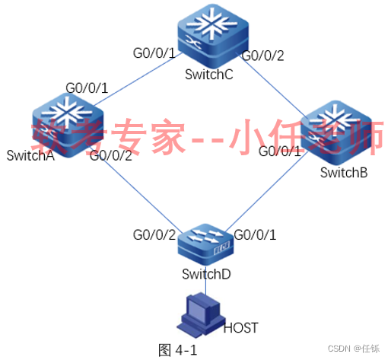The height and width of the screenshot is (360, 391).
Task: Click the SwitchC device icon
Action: pos(213,36)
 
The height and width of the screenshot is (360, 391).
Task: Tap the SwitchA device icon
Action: pos(68,125)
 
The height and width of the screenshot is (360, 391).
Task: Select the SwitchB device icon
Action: pos(336,132)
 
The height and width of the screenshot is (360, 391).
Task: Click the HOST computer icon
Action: pos(201,315)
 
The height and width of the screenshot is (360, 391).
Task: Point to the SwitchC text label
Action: pos(209,75)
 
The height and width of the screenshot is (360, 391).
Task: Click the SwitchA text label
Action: pos(30,155)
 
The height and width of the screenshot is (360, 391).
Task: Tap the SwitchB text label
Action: pos(344,173)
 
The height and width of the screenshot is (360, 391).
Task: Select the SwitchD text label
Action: pos(206,274)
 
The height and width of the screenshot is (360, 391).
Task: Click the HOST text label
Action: pos(240,328)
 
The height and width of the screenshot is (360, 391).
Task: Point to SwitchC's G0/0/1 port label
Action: pos(154,53)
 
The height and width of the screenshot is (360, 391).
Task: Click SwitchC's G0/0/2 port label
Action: pos(263,56)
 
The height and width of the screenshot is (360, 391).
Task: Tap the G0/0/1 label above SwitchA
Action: pos(87,88)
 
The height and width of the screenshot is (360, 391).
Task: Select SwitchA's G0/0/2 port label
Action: pos(111,156)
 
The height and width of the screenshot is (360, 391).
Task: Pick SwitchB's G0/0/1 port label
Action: pos(280,151)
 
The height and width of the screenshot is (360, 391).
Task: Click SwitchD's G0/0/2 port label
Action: pos(154,235)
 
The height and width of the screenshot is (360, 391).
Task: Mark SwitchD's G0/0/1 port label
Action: pos(255,235)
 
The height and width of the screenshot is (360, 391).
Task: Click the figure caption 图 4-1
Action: pos(177,350)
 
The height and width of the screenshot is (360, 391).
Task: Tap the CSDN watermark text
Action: pos(354,349)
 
